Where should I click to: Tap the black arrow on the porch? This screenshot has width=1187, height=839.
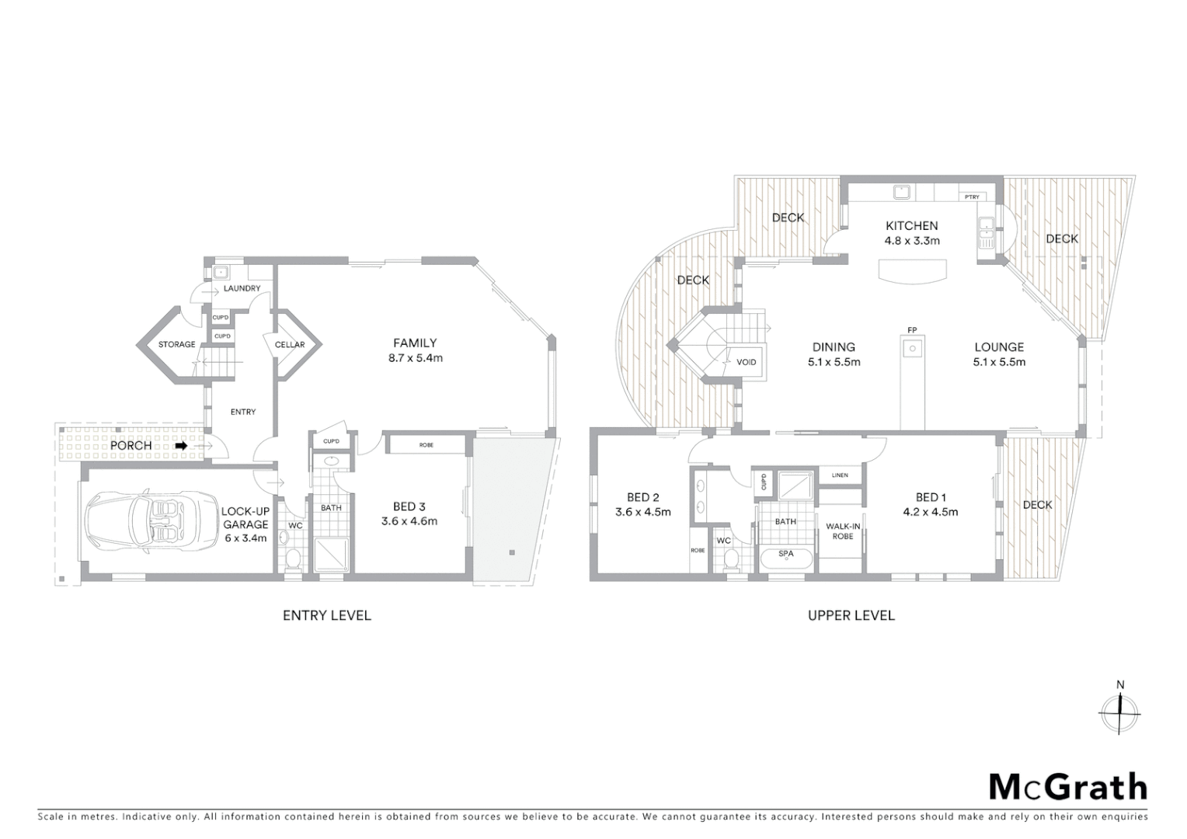[x=181, y=446]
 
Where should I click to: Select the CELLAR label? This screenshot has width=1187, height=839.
[x=290, y=344]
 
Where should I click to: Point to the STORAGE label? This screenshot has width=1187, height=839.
[x=176, y=344]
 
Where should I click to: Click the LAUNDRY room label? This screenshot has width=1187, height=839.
[x=242, y=288]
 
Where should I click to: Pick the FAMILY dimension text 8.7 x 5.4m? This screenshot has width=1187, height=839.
[x=415, y=358]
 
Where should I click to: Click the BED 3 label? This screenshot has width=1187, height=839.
[x=409, y=507]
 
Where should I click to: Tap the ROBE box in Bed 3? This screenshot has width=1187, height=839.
[x=426, y=445]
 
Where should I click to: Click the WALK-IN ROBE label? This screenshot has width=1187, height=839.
[x=842, y=531]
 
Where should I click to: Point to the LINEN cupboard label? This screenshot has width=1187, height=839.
[x=839, y=475]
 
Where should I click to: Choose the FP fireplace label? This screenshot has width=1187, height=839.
[x=912, y=330]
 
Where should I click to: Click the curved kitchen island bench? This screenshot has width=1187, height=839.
[x=913, y=270]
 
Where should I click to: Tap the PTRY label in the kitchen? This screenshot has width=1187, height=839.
[x=972, y=197]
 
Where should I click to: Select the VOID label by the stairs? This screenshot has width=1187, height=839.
[x=746, y=362]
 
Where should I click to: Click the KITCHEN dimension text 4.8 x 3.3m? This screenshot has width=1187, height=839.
[x=912, y=241]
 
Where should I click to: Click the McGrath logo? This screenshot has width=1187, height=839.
[x=1067, y=786]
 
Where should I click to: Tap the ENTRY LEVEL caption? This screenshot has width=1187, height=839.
[x=326, y=615]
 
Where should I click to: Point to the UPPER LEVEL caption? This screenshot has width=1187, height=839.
[x=851, y=615]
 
